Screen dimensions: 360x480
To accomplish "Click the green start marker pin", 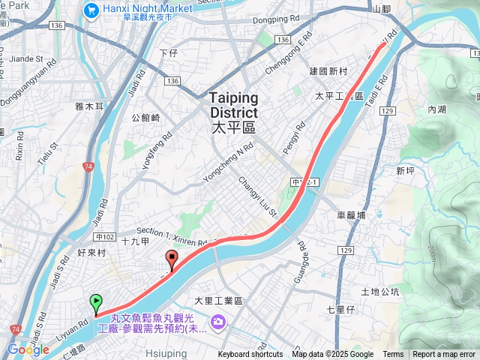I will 96,303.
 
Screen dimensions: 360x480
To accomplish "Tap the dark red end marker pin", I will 172,260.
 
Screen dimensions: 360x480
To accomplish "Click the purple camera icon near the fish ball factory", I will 218,322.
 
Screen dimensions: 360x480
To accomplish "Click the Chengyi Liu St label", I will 258,198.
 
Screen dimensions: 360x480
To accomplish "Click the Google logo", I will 28,349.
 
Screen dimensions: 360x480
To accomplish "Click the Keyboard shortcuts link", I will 250,354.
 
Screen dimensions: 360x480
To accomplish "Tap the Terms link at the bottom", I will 393,354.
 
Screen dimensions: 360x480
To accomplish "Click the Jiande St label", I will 27,58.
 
